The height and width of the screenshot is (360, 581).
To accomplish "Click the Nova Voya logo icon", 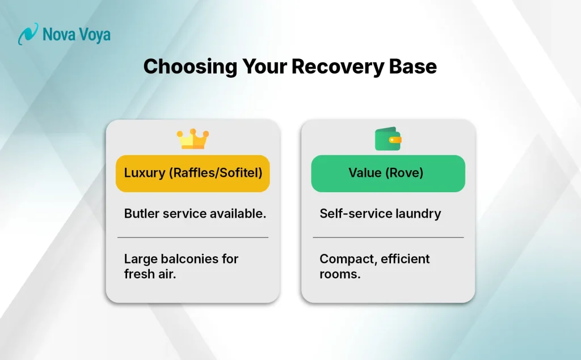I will click(x=28, y=34).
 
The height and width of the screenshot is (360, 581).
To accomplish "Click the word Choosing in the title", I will click(x=190, y=67).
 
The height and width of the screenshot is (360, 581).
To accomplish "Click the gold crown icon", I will click(x=193, y=139).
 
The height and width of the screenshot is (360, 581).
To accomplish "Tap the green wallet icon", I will click(x=388, y=139).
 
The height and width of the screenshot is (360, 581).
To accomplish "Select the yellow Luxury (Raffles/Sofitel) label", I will click(x=193, y=173).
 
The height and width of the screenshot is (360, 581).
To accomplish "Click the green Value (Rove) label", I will click(x=388, y=173).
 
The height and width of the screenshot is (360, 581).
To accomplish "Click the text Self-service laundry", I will click(x=380, y=214).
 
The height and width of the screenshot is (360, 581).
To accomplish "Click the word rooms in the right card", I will click(x=340, y=274).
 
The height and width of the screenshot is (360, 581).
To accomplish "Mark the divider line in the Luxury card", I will click(x=193, y=237).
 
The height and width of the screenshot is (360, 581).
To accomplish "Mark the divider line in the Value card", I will click(x=388, y=237).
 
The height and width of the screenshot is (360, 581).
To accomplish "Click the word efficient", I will click(x=404, y=259).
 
